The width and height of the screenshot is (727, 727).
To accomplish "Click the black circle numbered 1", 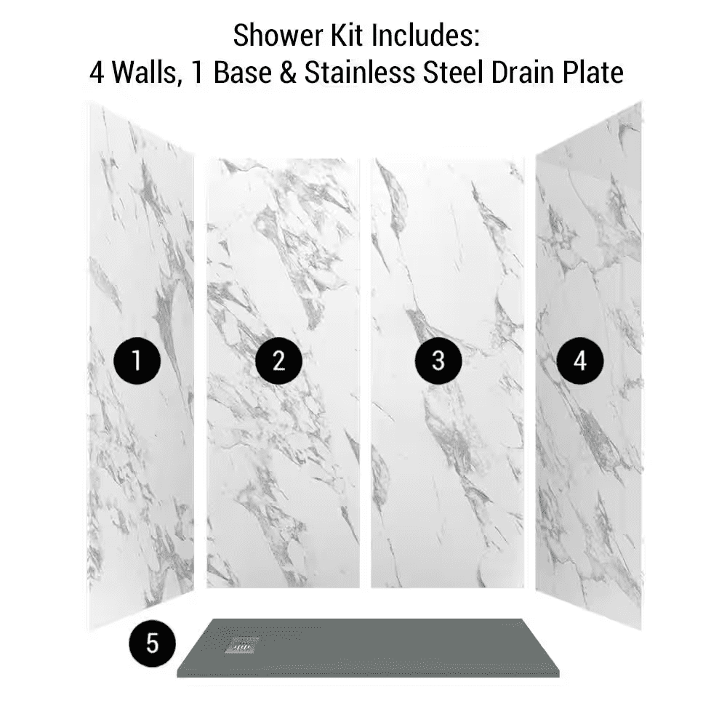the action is (137, 361).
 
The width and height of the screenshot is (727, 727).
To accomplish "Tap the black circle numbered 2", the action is (278, 361).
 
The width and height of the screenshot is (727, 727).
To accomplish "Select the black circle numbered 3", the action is (438, 361).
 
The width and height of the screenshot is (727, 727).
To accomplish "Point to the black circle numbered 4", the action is (580, 361).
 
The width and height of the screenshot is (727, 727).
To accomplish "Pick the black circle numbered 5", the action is (153, 643).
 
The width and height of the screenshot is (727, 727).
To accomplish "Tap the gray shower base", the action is (368, 648).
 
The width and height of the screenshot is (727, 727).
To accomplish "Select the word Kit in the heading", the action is (346, 36).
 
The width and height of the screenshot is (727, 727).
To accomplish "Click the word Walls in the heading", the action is (147, 73).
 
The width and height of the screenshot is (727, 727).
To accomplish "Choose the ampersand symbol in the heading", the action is (288, 73).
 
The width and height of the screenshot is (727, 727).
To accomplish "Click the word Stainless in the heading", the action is (360, 73).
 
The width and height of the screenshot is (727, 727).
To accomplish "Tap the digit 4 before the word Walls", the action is (97, 73).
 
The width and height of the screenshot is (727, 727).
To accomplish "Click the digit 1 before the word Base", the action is (198, 73).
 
